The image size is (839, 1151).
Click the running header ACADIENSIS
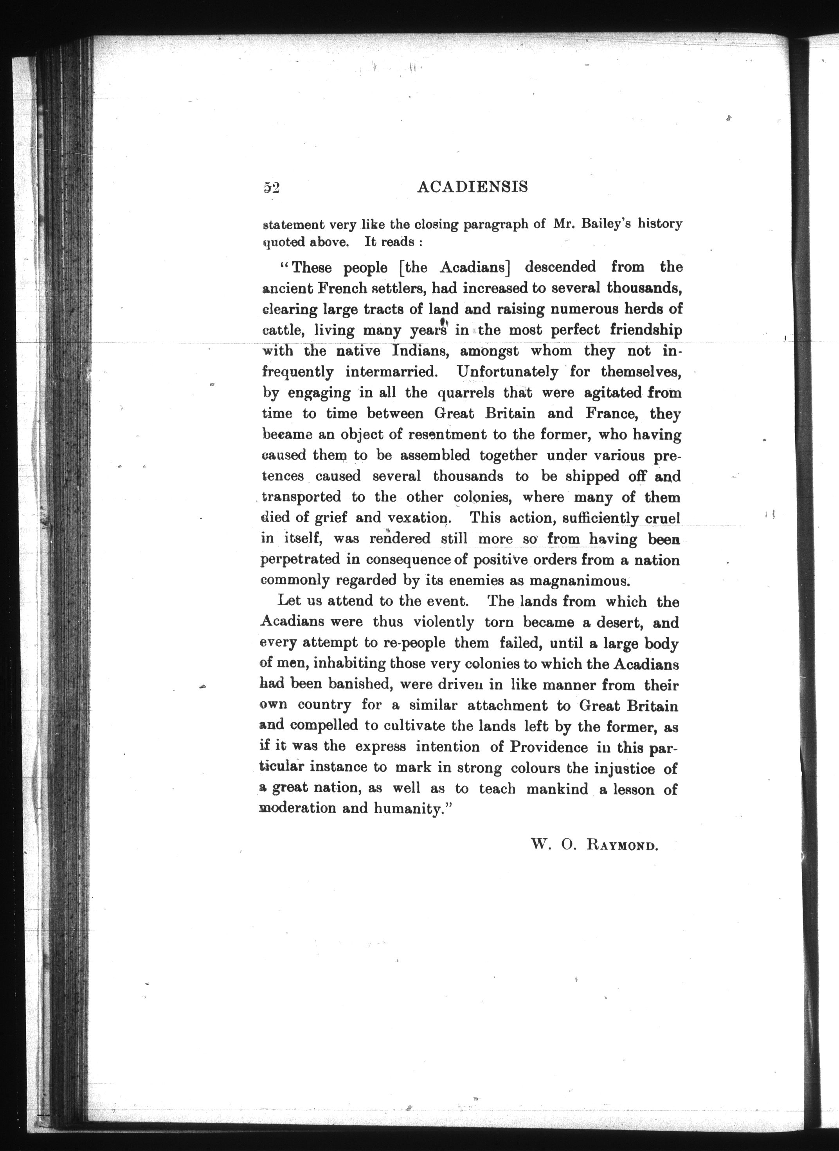472,187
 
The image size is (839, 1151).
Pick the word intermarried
391,372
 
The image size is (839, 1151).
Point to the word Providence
549,747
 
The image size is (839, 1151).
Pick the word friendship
646,330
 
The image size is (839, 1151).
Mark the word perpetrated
300,560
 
